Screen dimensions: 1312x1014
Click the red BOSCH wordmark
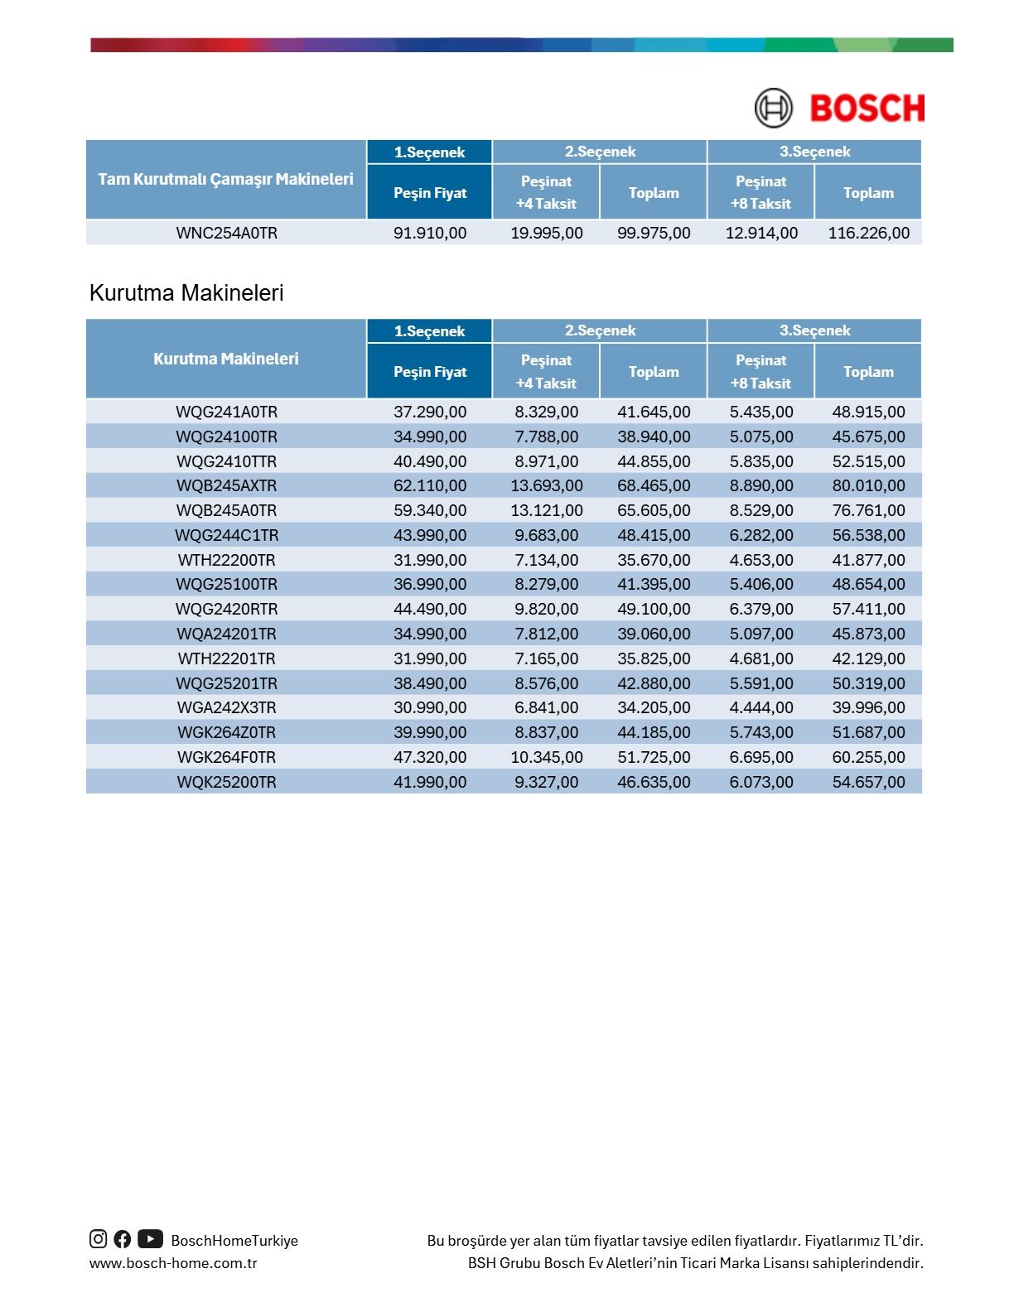(x=867, y=109)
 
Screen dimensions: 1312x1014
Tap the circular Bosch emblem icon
(x=773, y=109)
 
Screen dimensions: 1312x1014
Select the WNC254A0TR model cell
(x=226, y=233)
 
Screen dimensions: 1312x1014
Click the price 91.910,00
(x=430, y=233)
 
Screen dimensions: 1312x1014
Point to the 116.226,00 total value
(x=868, y=233)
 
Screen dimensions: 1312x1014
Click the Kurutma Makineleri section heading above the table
(x=186, y=293)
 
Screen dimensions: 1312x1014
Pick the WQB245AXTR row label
(x=226, y=485)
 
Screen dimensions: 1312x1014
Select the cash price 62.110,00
(x=430, y=485)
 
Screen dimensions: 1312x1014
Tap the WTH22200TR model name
(x=226, y=560)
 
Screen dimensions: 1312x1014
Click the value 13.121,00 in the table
(x=546, y=510)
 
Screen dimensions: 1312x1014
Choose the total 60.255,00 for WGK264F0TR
(x=868, y=757)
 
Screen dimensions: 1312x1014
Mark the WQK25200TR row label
(x=226, y=782)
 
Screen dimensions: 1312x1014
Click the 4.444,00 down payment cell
(x=760, y=707)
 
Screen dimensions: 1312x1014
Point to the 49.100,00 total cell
(x=654, y=609)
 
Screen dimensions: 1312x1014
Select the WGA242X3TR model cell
(x=226, y=707)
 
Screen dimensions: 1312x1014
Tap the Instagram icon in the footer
(x=99, y=1239)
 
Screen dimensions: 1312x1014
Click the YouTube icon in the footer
(x=150, y=1239)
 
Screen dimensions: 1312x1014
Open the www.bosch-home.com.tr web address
(x=173, y=1263)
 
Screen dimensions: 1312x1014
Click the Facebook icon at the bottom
(x=123, y=1239)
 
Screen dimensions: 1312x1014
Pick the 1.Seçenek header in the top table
(x=429, y=152)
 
